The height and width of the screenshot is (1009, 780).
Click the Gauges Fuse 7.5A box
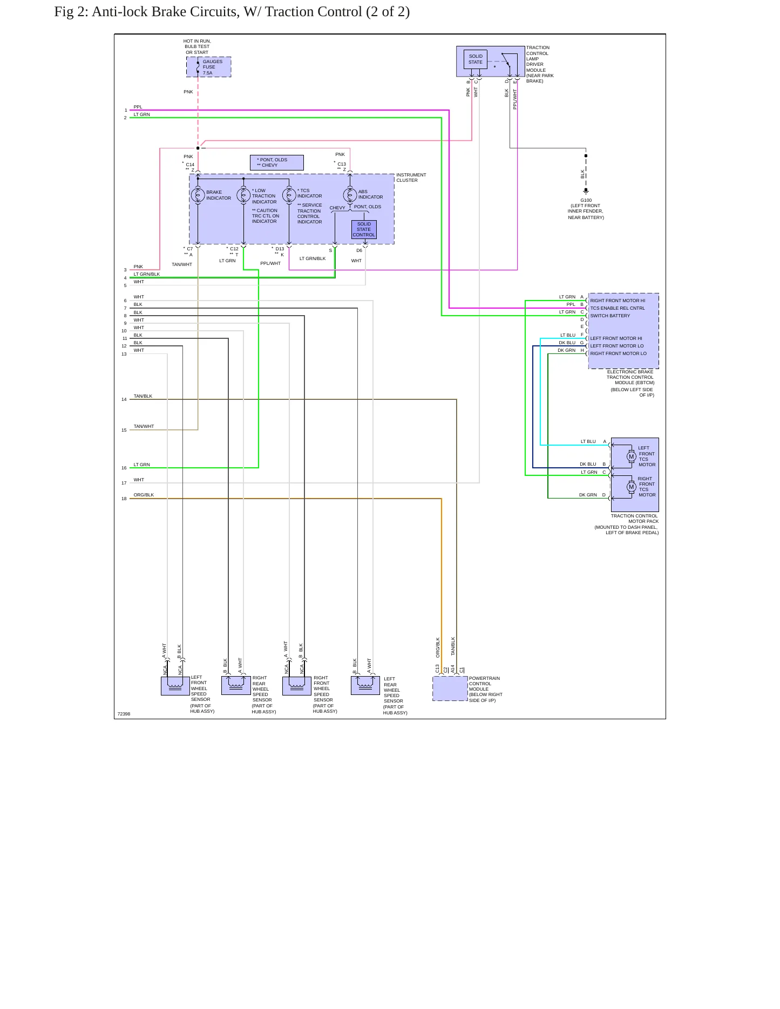[209, 67]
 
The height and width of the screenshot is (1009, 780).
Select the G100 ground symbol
[586, 190]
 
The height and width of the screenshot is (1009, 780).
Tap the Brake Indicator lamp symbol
[198, 195]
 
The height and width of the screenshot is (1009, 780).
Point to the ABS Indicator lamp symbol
[350, 195]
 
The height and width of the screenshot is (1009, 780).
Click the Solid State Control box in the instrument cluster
[364, 229]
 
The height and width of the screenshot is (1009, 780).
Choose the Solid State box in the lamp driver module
[476, 59]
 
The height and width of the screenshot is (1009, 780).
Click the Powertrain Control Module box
[450, 688]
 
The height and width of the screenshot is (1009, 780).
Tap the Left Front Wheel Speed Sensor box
[175, 686]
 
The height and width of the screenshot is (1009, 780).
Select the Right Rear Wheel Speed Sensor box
[236, 685]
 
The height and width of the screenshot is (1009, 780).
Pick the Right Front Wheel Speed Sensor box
[297, 686]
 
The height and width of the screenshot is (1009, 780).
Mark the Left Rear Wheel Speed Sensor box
[365, 685]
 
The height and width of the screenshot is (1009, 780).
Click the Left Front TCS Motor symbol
[631, 457]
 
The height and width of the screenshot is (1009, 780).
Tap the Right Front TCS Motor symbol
[631, 487]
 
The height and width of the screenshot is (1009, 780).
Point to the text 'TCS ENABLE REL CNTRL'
[618, 308]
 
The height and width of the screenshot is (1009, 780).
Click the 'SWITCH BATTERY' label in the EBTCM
[610, 316]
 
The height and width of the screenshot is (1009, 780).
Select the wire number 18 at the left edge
[124, 499]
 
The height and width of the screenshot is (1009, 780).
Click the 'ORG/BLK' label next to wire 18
[144, 495]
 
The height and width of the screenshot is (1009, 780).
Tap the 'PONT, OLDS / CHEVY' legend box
[277, 162]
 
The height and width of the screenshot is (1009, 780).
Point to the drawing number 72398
[124, 714]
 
